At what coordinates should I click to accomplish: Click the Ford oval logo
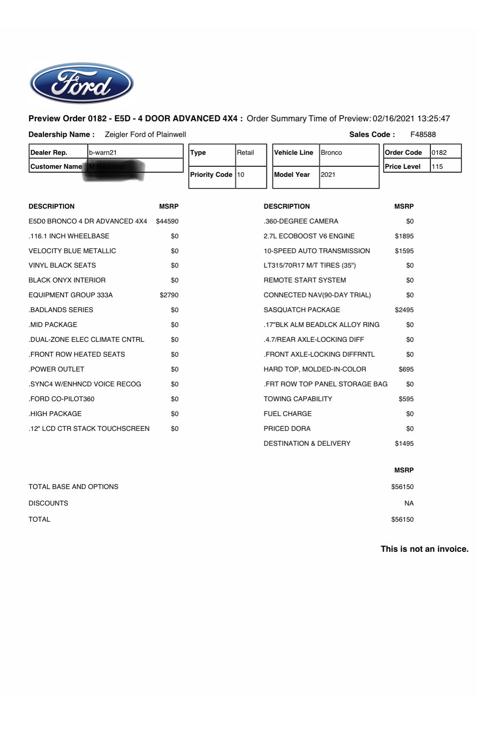coord(81,83)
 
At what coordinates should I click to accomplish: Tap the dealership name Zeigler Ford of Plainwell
coord(145,134)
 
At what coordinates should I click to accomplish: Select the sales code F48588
coord(423,134)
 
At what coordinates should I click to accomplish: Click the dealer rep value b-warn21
coord(103,152)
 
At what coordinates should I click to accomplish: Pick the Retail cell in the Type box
coord(246,152)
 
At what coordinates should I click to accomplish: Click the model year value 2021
coord(328,174)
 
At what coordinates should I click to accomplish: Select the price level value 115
coord(437,167)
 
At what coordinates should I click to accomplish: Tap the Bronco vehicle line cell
coord(331,152)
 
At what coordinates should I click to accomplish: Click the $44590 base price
coord(167,221)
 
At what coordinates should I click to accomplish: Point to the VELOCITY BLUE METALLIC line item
coord(72,251)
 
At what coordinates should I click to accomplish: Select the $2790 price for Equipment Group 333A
coord(169,295)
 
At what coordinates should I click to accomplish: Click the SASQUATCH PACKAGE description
coord(302,310)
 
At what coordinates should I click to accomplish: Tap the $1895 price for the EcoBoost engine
coord(404,236)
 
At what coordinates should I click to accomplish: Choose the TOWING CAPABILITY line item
coord(298,399)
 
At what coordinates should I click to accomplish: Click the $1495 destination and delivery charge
coord(404,443)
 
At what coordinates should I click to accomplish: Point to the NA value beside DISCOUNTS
coord(409,503)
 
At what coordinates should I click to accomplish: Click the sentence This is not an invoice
coord(424,549)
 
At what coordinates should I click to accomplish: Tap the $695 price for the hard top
coord(406,369)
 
